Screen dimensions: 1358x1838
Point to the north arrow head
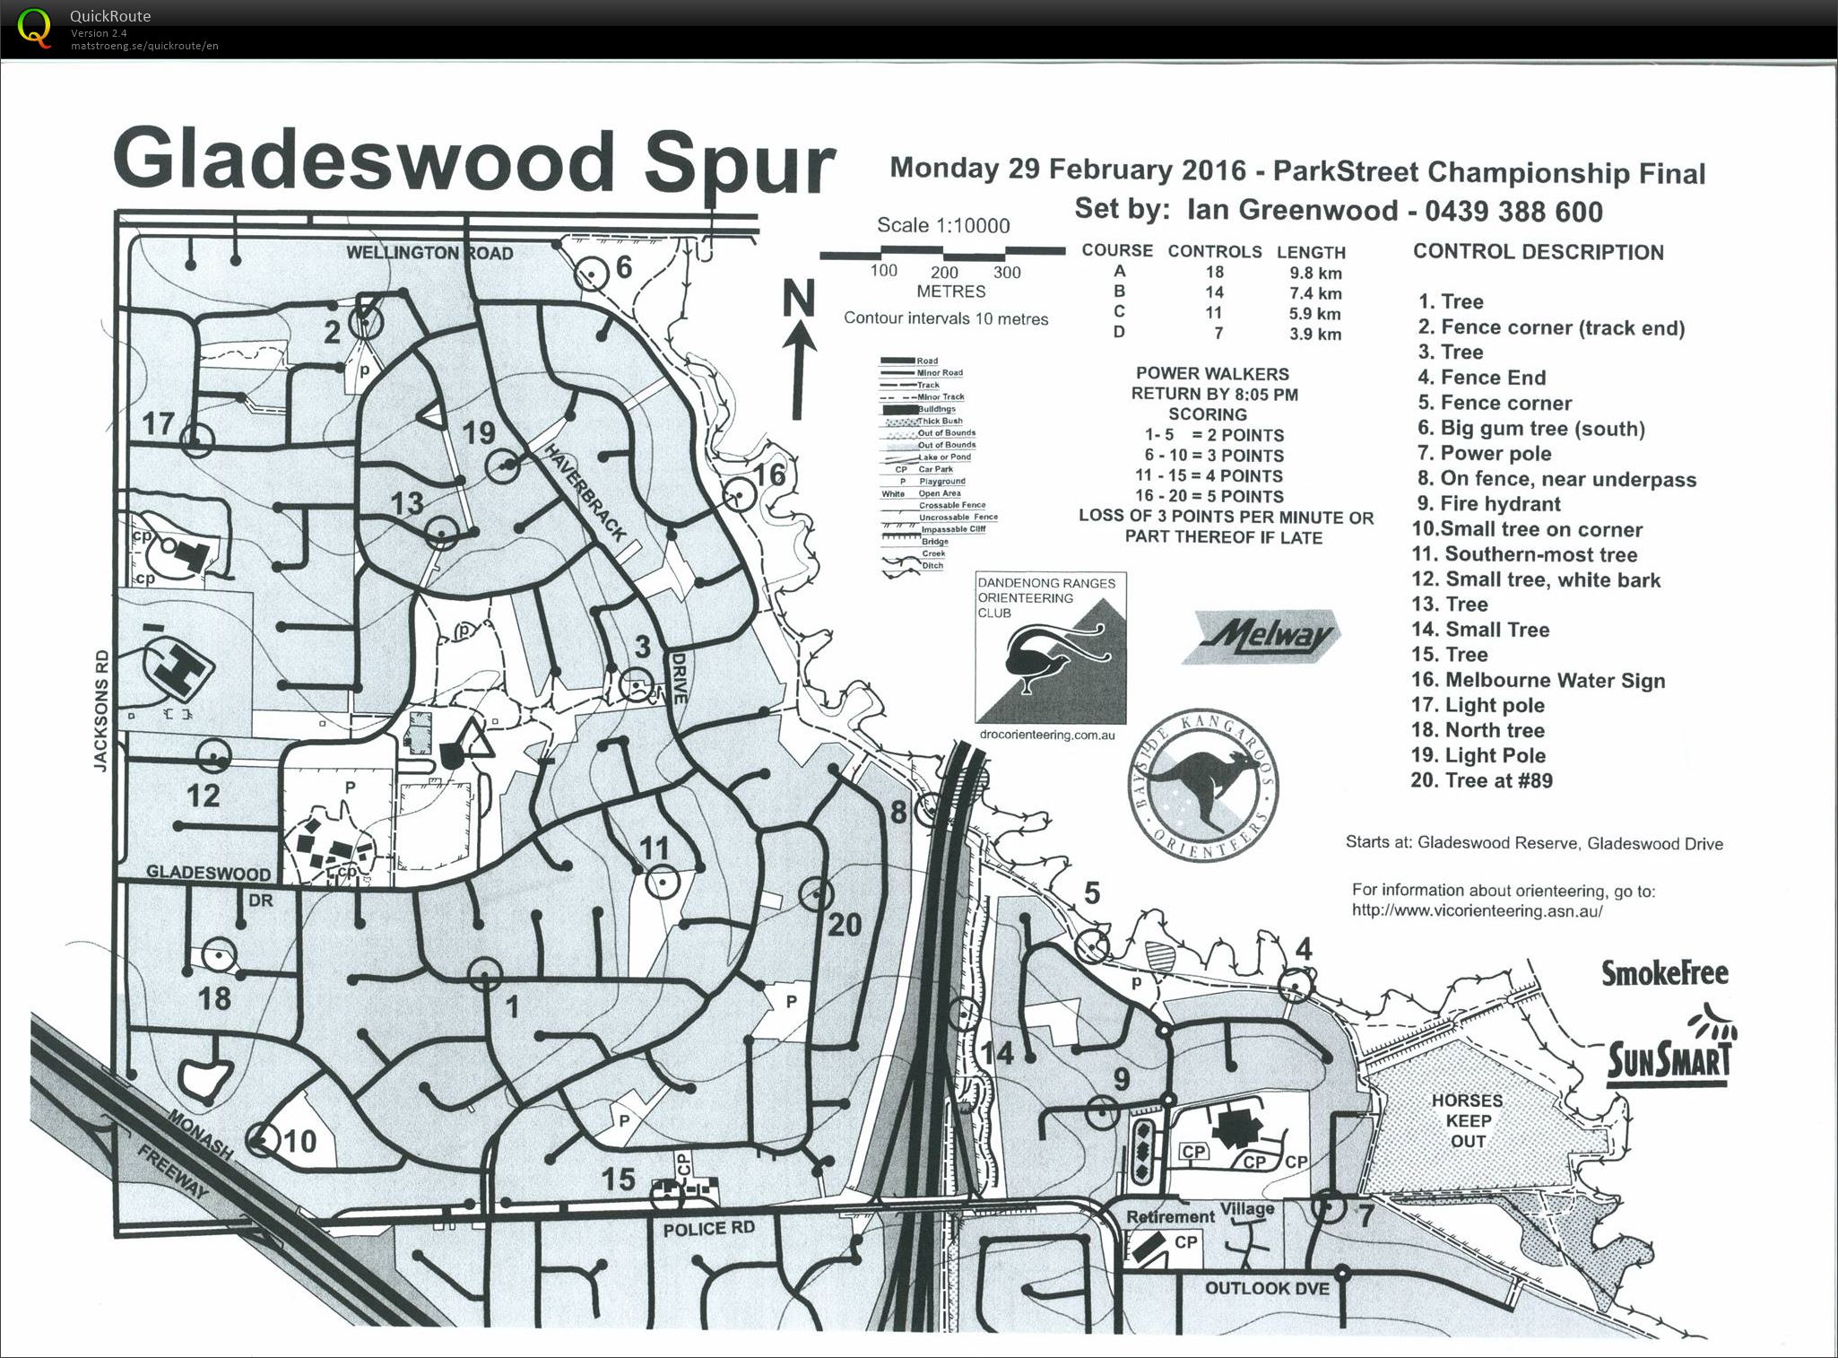(798, 337)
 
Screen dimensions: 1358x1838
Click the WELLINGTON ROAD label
(429, 253)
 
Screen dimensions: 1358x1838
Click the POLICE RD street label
(708, 1228)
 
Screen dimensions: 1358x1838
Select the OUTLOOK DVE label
(1266, 1288)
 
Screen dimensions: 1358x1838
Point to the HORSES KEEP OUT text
(1467, 1120)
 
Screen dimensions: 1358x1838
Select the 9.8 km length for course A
(1310, 274)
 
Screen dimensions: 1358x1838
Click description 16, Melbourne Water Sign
(1539, 680)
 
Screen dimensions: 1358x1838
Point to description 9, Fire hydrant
(1489, 504)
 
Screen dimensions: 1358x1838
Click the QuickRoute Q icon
(35, 28)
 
